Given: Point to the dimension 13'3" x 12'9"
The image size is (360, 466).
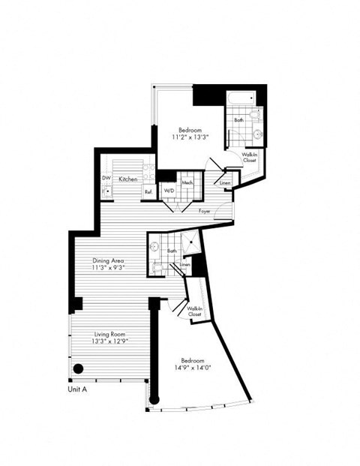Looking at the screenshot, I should tap(109, 341).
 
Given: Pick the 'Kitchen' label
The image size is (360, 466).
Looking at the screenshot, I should tap(127, 179).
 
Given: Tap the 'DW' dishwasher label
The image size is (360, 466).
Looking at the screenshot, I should tap(106, 178).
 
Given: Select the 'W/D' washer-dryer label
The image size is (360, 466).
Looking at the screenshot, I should tap(169, 189).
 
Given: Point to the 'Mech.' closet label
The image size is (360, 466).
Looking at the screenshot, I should tap(187, 183).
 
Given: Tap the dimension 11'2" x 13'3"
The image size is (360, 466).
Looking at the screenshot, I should tap(188, 137).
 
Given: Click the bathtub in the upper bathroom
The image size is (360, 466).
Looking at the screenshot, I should tap(243, 98).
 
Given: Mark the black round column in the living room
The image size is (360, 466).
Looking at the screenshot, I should tap(77, 368).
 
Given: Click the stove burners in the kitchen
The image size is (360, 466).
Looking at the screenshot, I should tap(150, 170).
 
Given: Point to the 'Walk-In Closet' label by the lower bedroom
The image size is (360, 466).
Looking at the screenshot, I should tap(193, 311).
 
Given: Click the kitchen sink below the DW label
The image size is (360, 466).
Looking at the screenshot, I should tap(107, 191).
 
